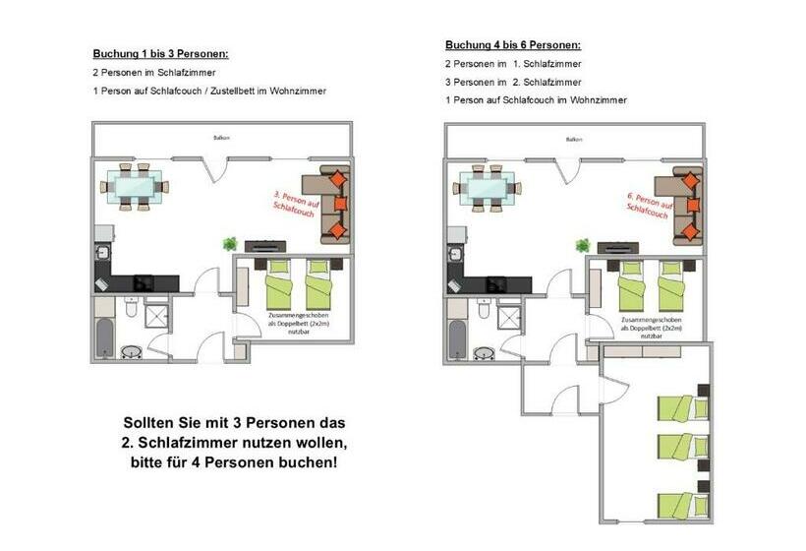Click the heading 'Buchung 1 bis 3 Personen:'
tap(160, 53)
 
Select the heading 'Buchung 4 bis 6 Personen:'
tap(512, 45)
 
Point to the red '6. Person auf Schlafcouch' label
tap(646, 204)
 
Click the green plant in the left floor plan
tap(230, 244)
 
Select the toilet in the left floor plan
tap(131, 310)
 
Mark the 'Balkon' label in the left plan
tap(221, 138)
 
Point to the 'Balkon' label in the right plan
tap(574, 140)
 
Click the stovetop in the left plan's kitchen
tap(144, 281)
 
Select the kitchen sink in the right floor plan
tap(456, 254)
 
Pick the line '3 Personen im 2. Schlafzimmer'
tap(512, 83)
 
